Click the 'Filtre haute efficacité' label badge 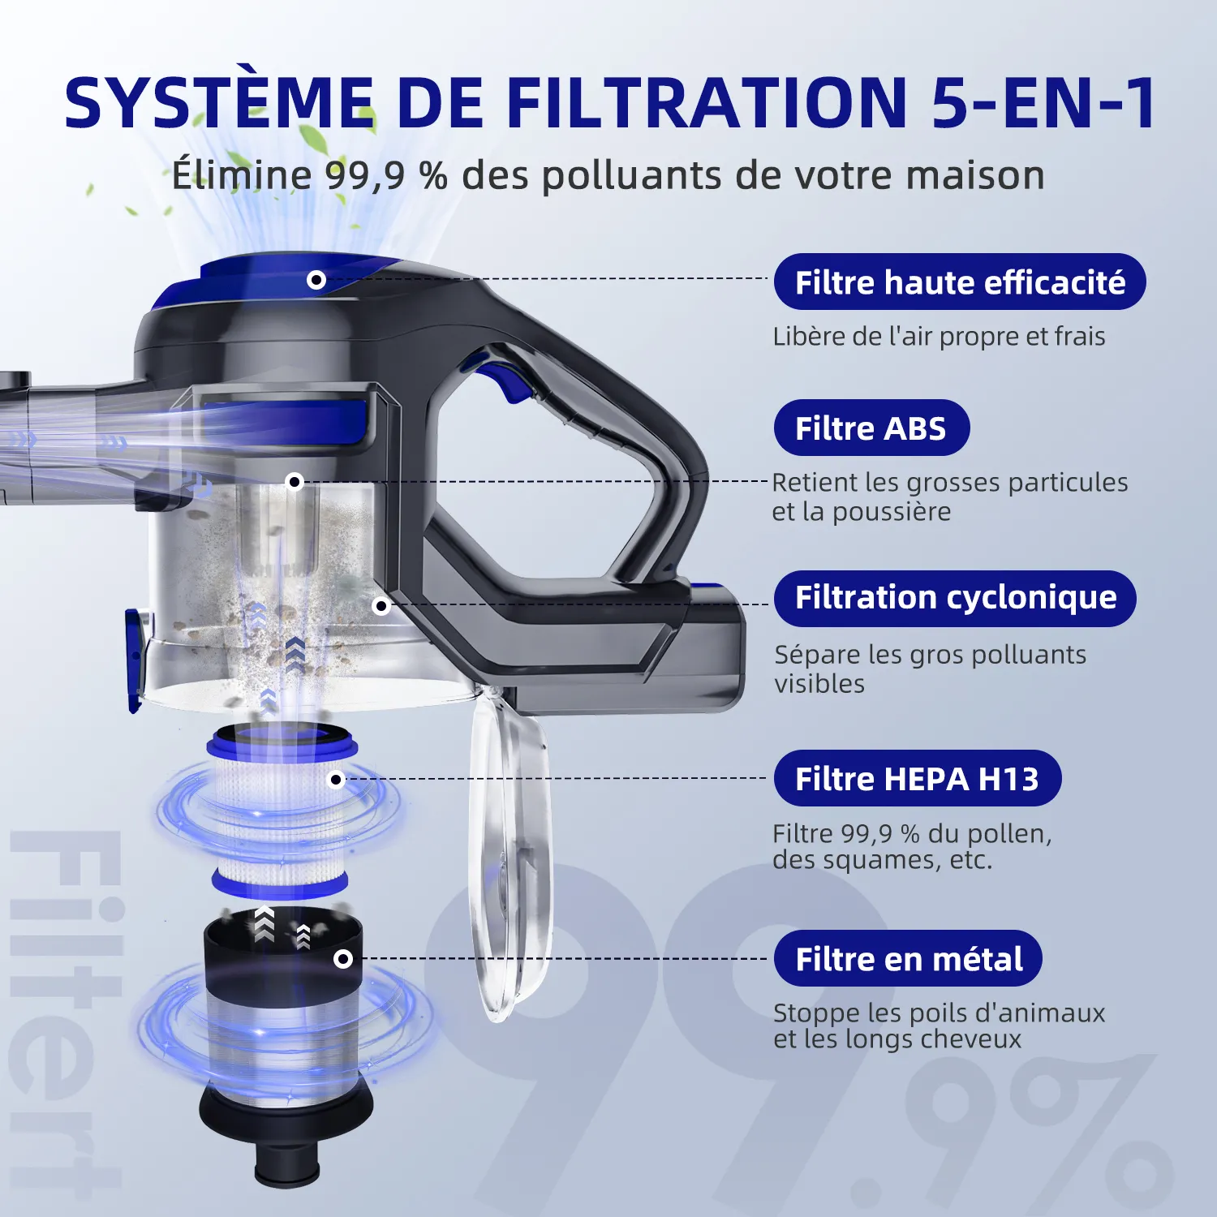[960, 282]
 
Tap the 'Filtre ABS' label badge [871, 428]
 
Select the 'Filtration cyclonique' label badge [955, 598]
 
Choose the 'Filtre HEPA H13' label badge [917, 778]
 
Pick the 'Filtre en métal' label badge [908, 958]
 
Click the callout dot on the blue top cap [316, 280]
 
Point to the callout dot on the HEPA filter [337, 780]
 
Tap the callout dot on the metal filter [343, 959]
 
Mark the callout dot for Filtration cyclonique [381, 605]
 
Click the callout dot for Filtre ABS [295, 482]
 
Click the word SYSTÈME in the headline [219, 103]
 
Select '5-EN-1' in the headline [1043, 103]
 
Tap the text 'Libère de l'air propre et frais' [939, 336]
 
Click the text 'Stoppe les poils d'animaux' [939, 1013]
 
